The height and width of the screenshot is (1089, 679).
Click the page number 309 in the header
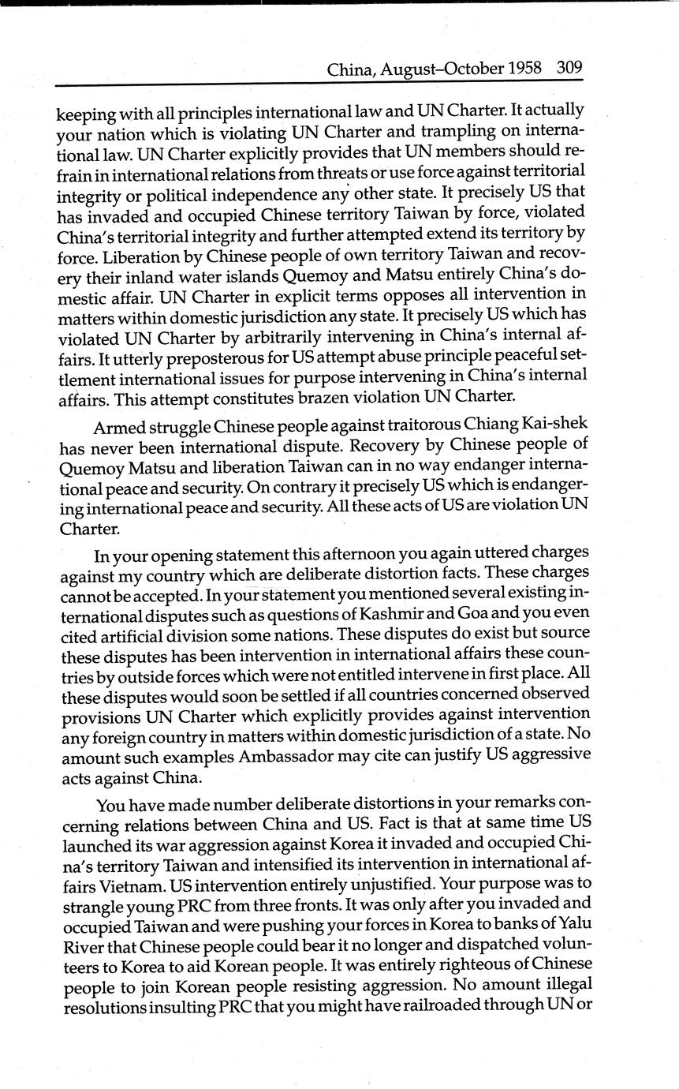(x=569, y=68)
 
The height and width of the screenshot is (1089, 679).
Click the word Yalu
(x=568, y=922)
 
